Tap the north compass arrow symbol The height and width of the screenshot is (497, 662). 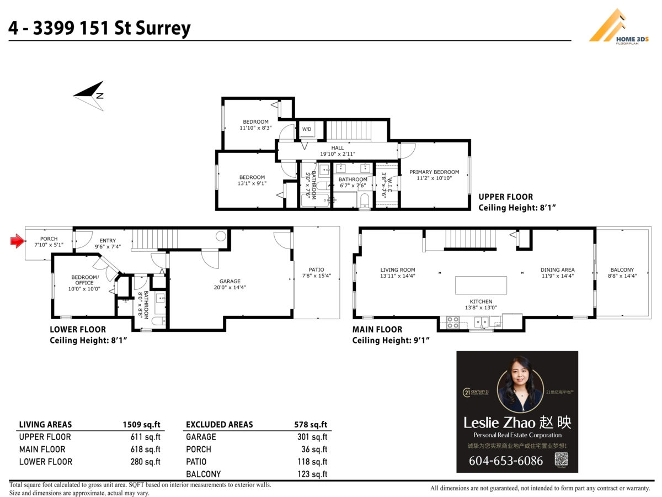[x=90, y=96]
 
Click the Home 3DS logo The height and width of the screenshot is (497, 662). [x=619, y=27]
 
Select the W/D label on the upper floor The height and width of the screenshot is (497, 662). [x=306, y=129]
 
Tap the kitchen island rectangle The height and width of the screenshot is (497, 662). [x=481, y=285]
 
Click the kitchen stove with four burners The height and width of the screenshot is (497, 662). [x=452, y=322]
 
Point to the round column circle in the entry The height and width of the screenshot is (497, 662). [x=221, y=236]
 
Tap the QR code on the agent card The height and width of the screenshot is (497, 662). [x=561, y=459]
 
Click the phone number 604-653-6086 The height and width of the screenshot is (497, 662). [x=506, y=461]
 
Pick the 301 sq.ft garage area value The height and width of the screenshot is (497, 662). [x=312, y=437]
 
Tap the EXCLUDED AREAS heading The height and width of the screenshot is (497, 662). [x=220, y=425]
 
